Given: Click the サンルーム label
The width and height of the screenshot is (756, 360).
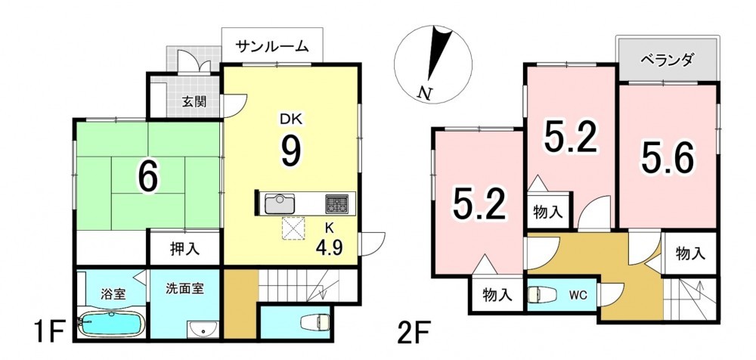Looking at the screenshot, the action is (x=272, y=46).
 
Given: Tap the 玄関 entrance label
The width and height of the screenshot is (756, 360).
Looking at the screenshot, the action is (x=194, y=102).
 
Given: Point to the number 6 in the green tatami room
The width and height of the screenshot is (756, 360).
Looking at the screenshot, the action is (x=148, y=177).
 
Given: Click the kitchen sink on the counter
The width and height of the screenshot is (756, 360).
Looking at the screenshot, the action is (x=279, y=203).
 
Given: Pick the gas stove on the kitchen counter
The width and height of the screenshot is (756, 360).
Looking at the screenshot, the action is (x=336, y=203).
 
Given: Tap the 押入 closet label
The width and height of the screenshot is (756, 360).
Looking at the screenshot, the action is (x=184, y=249).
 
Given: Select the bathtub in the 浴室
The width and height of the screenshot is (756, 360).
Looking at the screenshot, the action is (x=111, y=324).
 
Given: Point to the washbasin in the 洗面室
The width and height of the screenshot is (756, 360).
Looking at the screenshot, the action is (x=203, y=330).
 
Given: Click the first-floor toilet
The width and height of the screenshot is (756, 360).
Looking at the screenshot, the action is (x=315, y=322).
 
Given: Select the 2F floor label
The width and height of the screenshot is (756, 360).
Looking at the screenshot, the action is (x=414, y=334).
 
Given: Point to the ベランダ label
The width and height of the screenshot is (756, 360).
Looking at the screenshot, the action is (x=667, y=60).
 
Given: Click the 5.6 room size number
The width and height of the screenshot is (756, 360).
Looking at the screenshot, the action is (x=668, y=158).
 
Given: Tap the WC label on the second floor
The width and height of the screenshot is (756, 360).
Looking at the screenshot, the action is (x=578, y=295).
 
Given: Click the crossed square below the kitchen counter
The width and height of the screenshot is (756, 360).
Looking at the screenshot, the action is (x=293, y=228).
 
